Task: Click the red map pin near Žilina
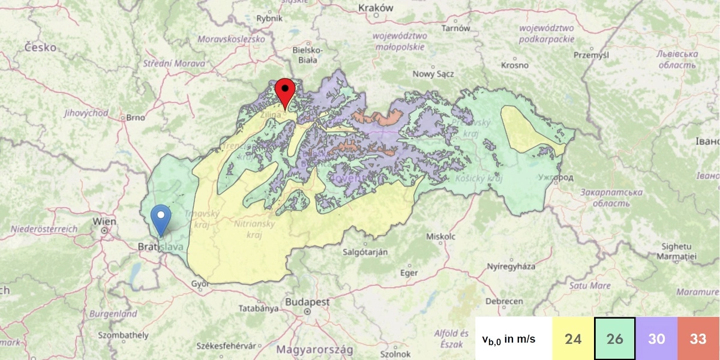tap(284, 92)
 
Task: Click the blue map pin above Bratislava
tap(160, 219)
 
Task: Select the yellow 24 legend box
tap(573, 339)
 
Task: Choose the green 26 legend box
tap(614, 339)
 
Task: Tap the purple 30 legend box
tap(656, 339)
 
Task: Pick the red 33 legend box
tap(698, 339)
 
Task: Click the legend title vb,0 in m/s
tap(509, 339)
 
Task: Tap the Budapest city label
tap(307, 302)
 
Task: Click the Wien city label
tap(104, 222)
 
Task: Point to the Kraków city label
tap(375, 8)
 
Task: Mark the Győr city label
tap(199, 284)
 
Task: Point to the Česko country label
tap(41, 47)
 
